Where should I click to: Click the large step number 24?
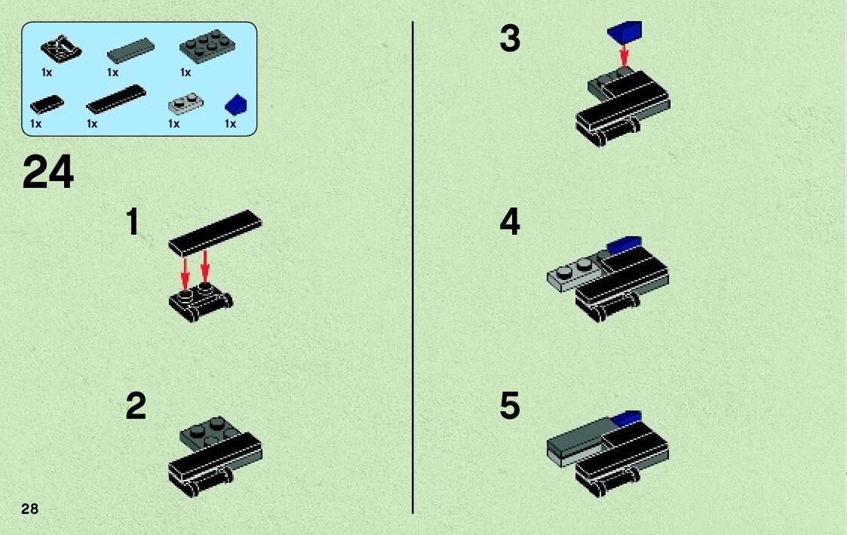pyautogui.click(x=49, y=173)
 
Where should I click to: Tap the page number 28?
pyautogui.click(x=29, y=509)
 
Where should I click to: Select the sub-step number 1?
pyautogui.click(x=133, y=223)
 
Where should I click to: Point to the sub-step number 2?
pyautogui.click(x=136, y=407)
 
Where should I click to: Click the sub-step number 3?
pyautogui.click(x=510, y=38)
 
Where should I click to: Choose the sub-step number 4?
pyautogui.click(x=510, y=223)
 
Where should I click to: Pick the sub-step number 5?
pyautogui.click(x=510, y=407)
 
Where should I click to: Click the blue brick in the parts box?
pyautogui.click(x=236, y=105)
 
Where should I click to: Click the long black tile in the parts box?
pyautogui.click(x=115, y=99)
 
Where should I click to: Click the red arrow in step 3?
pyautogui.click(x=624, y=55)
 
